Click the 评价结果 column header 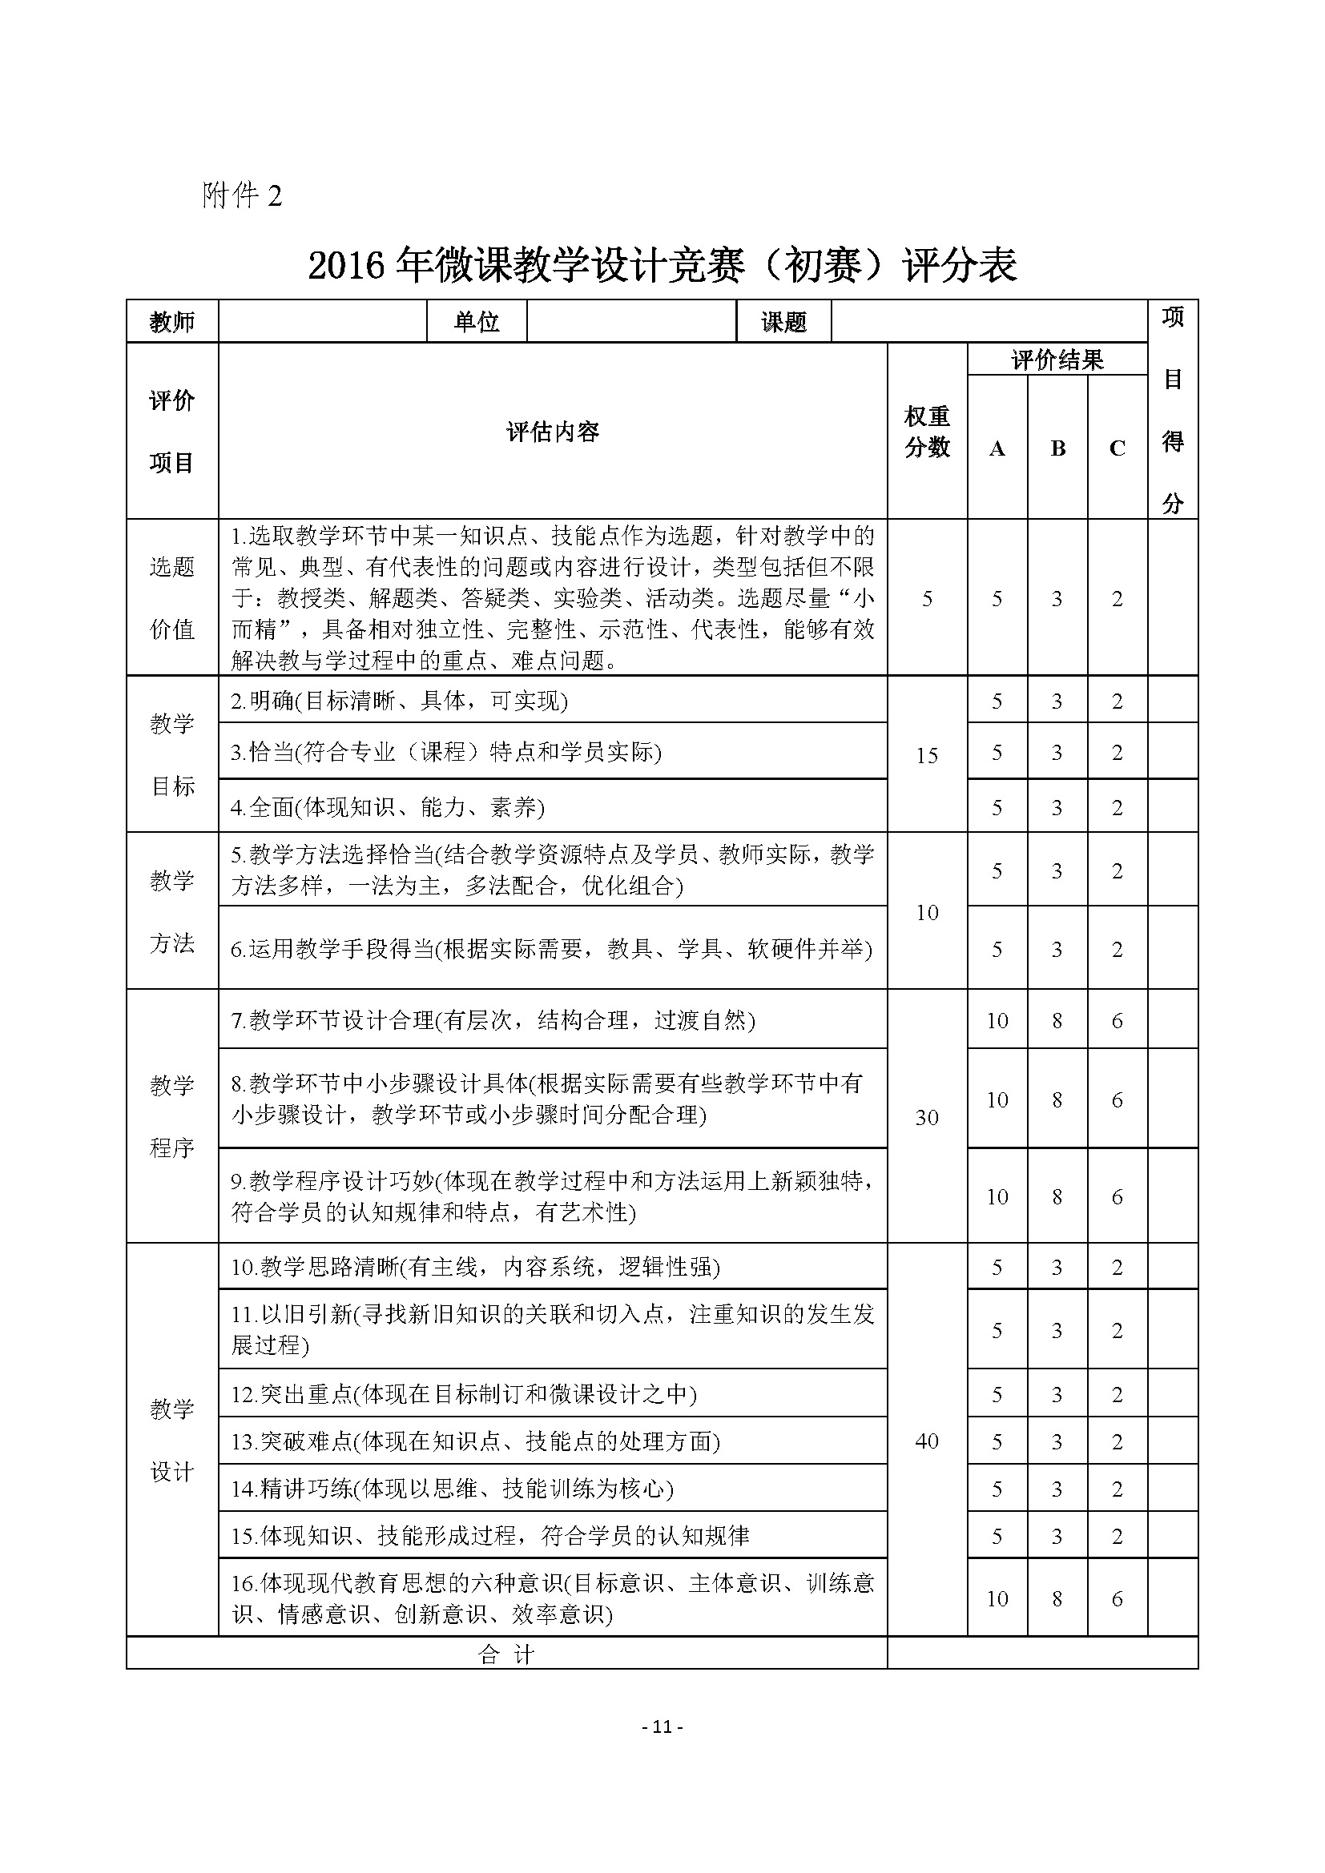tap(1057, 360)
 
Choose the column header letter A tap(997, 448)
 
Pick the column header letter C tap(1117, 448)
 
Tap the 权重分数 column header tap(927, 432)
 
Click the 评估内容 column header tap(553, 432)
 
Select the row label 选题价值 tap(172, 597)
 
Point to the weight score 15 tap(927, 755)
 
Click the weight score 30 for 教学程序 tap(927, 1118)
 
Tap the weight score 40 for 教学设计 tap(927, 1441)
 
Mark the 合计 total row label tap(505, 1654)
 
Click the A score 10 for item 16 tap(997, 1599)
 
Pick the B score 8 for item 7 tap(1057, 1020)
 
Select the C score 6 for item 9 tap(1117, 1196)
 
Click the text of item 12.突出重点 tap(463, 1394)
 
